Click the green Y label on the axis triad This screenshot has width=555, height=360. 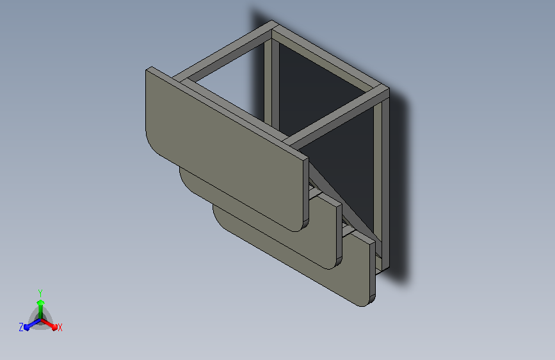40,293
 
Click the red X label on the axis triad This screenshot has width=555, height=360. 60,327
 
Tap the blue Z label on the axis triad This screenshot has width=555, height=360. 21,327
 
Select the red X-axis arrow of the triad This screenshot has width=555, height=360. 49,324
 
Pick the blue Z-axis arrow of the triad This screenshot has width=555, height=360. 33,324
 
